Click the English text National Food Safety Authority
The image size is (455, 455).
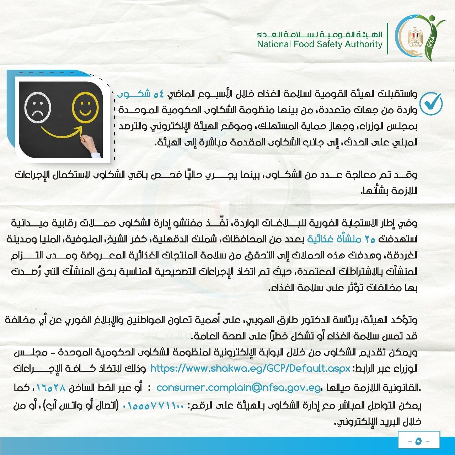320,44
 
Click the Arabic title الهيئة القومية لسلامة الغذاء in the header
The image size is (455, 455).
320,34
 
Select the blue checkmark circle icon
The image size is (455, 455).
431,103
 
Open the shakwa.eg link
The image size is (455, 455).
250,368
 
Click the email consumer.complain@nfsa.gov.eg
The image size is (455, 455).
239,387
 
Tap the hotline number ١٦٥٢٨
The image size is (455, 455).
51,387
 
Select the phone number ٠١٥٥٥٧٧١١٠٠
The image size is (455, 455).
153,406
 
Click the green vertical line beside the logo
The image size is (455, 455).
387,38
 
